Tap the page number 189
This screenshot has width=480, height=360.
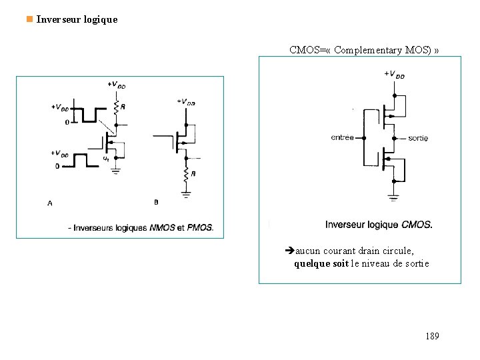click(x=432, y=336)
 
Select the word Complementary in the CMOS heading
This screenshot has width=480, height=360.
click(x=365, y=50)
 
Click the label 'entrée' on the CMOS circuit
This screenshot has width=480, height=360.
click(x=343, y=138)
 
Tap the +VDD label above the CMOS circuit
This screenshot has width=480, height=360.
click(x=394, y=74)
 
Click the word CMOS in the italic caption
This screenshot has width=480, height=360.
click(x=417, y=225)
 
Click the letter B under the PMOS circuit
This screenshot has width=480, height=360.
click(x=156, y=202)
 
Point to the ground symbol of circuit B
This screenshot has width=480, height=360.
click(x=186, y=195)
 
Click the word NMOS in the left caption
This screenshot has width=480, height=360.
click(x=163, y=228)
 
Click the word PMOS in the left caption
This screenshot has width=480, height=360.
click(x=200, y=228)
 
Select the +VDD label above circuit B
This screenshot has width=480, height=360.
click(x=186, y=101)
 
